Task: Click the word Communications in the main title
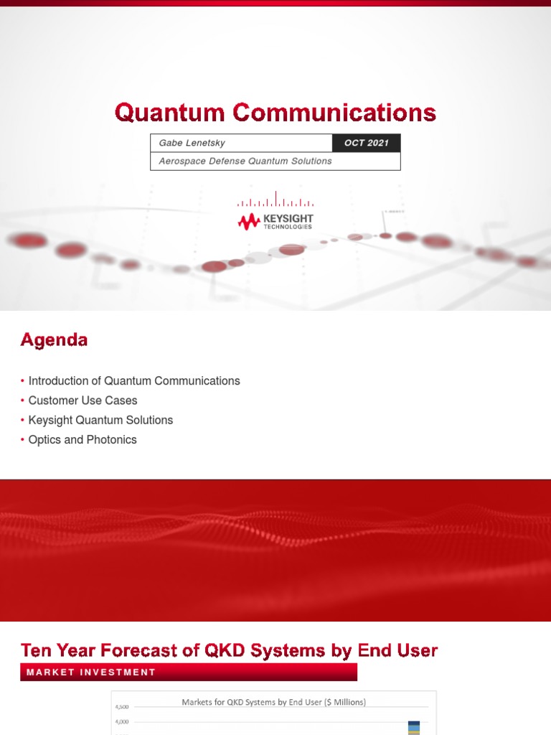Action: pyautogui.click(x=334, y=113)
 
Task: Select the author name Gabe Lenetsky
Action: pyautogui.click(x=192, y=143)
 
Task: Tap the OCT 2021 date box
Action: pyautogui.click(x=366, y=143)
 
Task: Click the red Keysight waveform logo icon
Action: pyautogui.click(x=249, y=222)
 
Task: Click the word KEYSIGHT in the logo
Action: pyautogui.click(x=288, y=218)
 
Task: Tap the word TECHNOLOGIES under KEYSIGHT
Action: pyautogui.click(x=288, y=227)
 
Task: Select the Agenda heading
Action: pyautogui.click(x=54, y=340)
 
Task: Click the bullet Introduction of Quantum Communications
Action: pyautogui.click(x=134, y=381)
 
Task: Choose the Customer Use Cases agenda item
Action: pyautogui.click(x=83, y=401)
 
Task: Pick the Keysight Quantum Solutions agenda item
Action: pyautogui.click(x=100, y=420)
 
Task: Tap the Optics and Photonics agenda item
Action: pyautogui.click(x=83, y=439)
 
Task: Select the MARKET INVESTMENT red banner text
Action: pyautogui.click(x=91, y=673)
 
